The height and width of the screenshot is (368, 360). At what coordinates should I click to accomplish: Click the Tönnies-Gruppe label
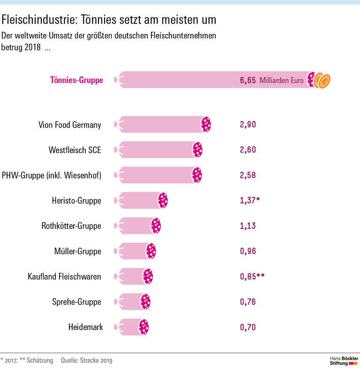[76, 80]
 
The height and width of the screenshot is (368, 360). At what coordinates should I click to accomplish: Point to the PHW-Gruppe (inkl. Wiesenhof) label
[52, 175]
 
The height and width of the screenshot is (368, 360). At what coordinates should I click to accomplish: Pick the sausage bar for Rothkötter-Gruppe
[138, 226]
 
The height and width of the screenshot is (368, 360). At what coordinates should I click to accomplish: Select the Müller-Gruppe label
[77, 251]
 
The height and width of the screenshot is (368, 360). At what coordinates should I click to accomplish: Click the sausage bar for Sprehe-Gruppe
[133, 302]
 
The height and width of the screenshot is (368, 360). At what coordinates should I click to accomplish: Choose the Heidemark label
[85, 327]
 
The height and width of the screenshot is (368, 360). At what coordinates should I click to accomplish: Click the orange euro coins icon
[322, 81]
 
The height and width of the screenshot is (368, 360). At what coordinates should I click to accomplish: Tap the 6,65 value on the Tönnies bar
[247, 81]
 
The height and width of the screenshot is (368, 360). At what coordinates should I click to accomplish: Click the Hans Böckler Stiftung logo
[343, 360]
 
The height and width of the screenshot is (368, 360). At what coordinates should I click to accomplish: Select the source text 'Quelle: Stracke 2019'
[86, 361]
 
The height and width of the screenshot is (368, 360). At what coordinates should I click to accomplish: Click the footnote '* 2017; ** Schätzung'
[27, 361]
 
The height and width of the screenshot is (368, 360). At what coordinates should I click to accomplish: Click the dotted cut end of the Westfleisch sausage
[197, 150]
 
